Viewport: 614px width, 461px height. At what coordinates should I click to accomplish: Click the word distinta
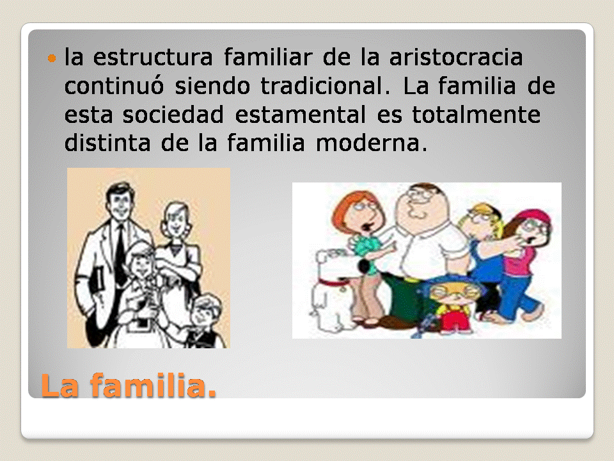104,144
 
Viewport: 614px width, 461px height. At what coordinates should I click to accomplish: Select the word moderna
369,144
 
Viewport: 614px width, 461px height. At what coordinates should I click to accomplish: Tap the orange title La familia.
129,386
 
